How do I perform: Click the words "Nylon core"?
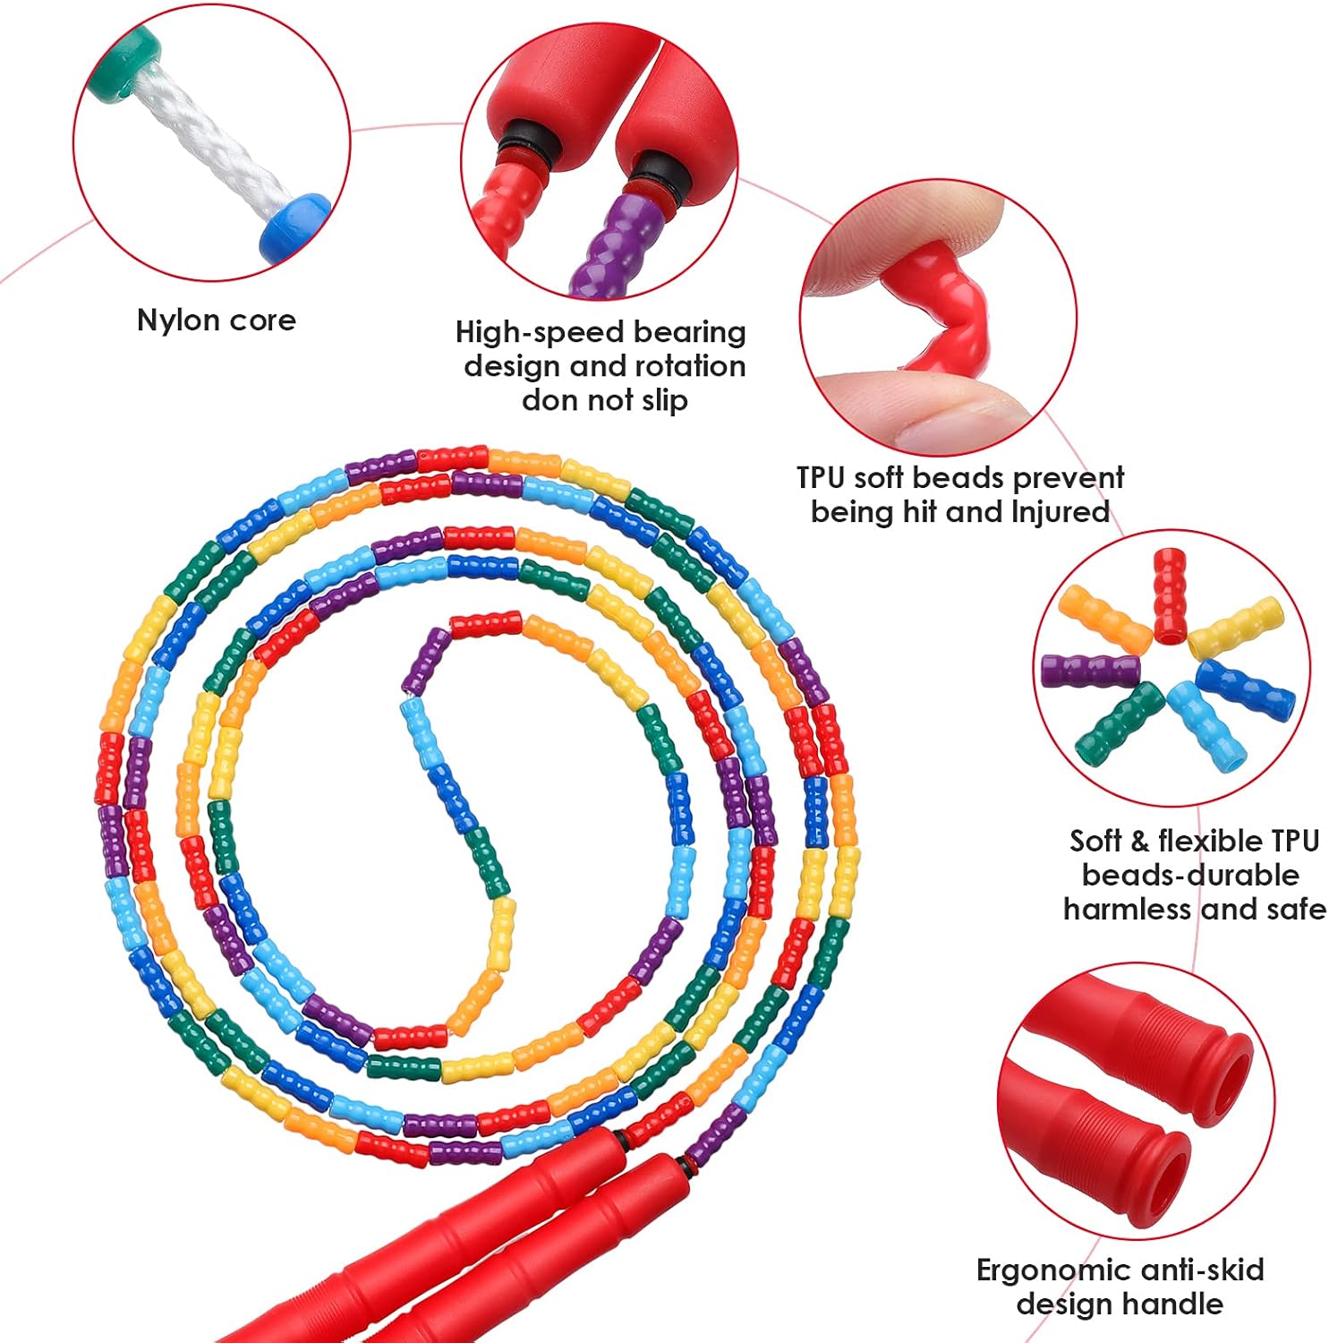click(216, 321)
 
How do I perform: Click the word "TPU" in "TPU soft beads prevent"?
click(820, 478)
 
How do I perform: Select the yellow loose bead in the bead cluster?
click(1236, 628)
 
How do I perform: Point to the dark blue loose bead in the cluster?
click(1245, 687)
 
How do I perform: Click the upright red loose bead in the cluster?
click(1169, 595)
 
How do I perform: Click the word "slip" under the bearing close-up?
click(664, 400)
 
